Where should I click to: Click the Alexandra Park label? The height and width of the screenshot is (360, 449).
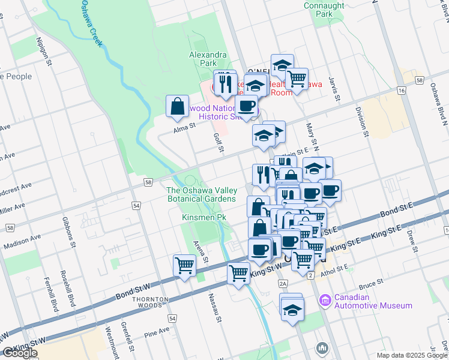tap(208, 58)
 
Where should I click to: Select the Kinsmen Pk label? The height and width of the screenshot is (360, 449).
tap(204, 217)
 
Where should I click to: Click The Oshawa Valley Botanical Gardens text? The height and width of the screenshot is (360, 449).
tap(201, 194)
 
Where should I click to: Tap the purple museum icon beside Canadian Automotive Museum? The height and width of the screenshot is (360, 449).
tap(325, 299)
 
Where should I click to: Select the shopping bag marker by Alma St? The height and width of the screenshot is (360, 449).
tap(178, 107)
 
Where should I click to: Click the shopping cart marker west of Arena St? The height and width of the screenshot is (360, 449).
tap(185, 265)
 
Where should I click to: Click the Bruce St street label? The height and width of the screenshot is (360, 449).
tap(372, 281)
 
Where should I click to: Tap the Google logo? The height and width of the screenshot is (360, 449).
tap(19, 353)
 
